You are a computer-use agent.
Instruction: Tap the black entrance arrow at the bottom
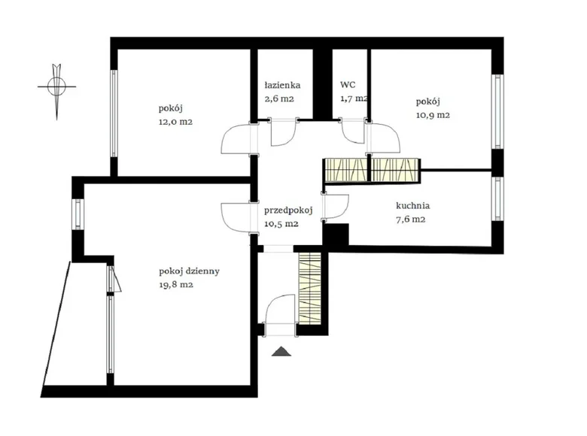pos(282,350)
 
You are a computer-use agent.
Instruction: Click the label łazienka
pos(282,86)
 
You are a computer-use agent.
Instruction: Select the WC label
pos(348,86)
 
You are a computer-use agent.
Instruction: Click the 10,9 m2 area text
pos(433,115)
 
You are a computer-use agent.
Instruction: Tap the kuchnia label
pos(412,206)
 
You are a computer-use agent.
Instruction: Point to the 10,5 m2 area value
pos(281,224)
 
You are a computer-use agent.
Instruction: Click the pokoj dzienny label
pos(189,271)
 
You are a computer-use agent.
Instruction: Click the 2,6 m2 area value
pos(278,98)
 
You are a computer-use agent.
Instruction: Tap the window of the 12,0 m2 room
pos(114,114)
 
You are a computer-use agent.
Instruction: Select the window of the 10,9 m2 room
pos(497,112)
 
